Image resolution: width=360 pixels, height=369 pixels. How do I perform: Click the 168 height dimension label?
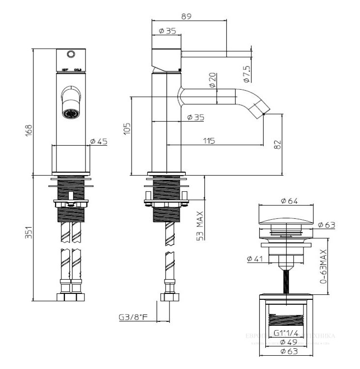[x=28, y=130]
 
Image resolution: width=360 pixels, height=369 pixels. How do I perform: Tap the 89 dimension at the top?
[x=186, y=16]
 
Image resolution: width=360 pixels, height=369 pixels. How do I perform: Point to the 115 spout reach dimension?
[x=209, y=141]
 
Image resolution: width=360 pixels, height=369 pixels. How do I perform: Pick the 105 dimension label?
[x=127, y=129]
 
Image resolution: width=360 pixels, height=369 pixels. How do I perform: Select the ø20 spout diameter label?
[x=212, y=80]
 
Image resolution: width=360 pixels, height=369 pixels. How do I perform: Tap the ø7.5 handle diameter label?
[x=247, y=74]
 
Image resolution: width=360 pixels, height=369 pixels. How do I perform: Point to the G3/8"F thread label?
[x=133, y=317]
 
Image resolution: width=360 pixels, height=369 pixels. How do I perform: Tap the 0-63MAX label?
[x=323, y=266]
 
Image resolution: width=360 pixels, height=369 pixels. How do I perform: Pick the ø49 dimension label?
[x=285, y=342]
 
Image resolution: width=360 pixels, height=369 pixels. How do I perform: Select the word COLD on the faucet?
[x=78, y=70]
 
